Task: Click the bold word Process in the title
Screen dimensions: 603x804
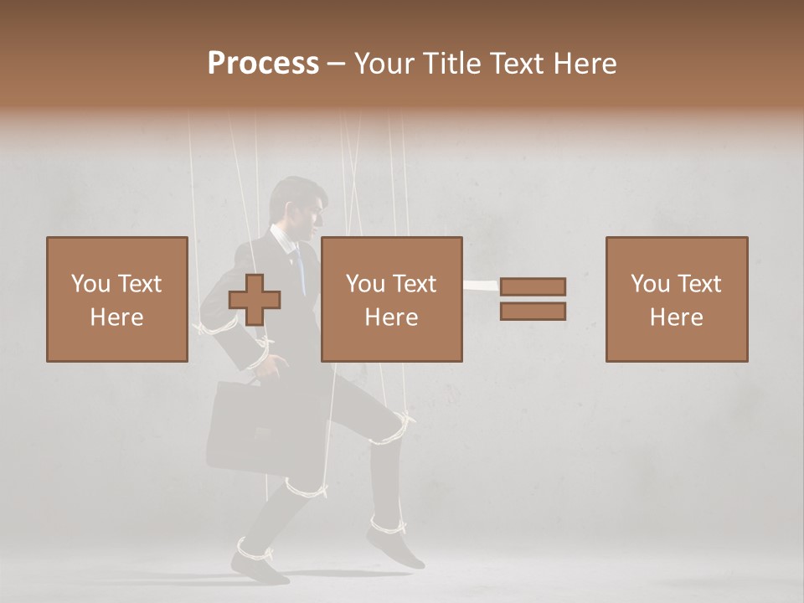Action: click(x=263, y=63)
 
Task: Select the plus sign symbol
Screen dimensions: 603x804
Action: click(x=255, y=299)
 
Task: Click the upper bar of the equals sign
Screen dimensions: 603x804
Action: click(x=533, y=286)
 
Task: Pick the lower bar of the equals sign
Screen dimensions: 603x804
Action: click(x=533, y=312)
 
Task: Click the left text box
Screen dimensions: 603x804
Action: click(x=116, y=299)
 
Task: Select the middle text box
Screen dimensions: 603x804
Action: click(x=391, y=299)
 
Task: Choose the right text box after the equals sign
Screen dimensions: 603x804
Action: click(x=676, y=299)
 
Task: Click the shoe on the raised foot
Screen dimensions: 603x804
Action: click(x=395, y=549)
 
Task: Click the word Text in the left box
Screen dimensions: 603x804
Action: click(x=140, y=283)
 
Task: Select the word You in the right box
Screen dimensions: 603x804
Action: click(x=649, y=283)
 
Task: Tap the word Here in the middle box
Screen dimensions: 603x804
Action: click(x=391, y=317)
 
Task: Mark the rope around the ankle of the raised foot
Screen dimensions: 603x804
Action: click(x=387, y=525)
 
